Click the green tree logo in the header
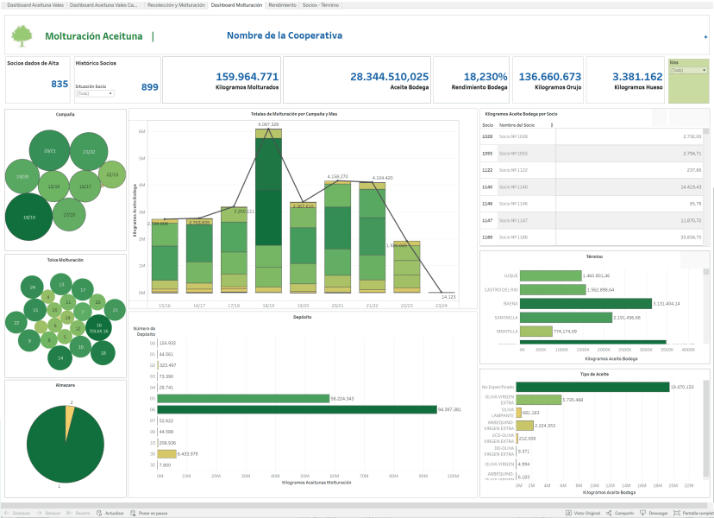pos(21,35)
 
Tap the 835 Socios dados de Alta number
pos(60,84)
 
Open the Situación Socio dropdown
pos(94,93)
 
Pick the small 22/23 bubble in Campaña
pos(112,174)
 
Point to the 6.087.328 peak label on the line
pos(268,124)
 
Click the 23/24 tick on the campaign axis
pos(441,304)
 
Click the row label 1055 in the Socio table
pos(487,153)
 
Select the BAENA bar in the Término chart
pos(587,304)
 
